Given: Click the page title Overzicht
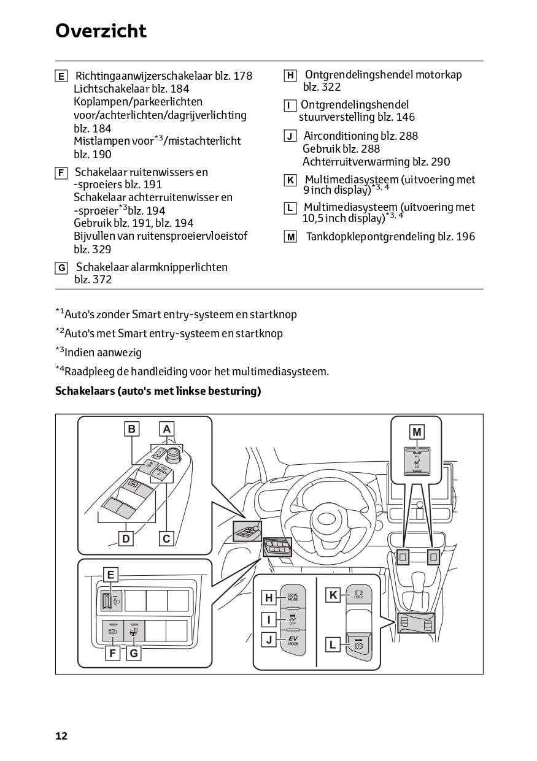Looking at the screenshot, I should coord(101,31).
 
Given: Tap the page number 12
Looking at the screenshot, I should coord(61,736).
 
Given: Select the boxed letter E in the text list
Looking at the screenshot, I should coord(61,77).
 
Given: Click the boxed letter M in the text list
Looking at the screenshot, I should coord(290,237).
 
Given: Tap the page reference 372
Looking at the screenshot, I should coord(102,280).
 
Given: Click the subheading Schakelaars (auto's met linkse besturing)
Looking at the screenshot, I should coord(158,391).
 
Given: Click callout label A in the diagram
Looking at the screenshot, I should coord(166,429).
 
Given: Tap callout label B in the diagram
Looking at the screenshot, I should coord(131,429).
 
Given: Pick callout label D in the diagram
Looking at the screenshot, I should coord(126,538).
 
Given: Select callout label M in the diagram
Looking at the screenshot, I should coord(417,432).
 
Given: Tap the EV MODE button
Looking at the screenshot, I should coord(293,641).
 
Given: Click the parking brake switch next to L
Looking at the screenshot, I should coord(358,645).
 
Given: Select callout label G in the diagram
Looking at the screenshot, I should coord(133,654).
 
